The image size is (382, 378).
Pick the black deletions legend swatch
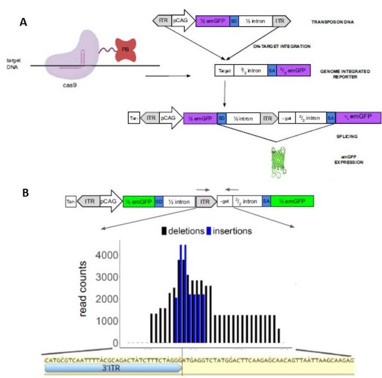coord(164,231)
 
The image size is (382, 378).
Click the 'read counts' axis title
coord(84,289)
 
